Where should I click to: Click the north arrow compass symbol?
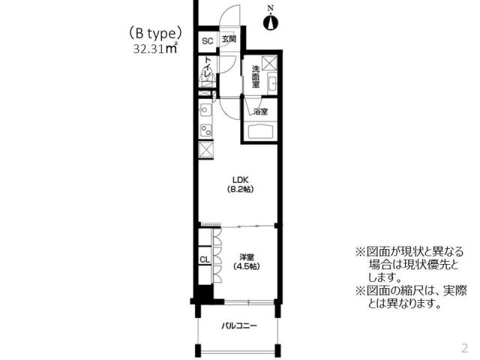[271, 19]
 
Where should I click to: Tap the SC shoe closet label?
[207, 40]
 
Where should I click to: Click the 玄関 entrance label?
[228, 40]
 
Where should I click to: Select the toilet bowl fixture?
[209, 73]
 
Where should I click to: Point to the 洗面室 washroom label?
[255, 76]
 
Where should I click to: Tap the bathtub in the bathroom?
[261, 132]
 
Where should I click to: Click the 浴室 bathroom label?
[260, 112]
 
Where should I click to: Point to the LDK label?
[239, 179]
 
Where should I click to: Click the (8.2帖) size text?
[239, 189]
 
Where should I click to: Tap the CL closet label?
[204, 259]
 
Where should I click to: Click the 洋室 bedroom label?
[245, 256]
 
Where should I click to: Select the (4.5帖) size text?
[245, 266]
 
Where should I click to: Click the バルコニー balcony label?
[239, 326]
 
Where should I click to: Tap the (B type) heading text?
[155, 34]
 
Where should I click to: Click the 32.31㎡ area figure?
[154, 49]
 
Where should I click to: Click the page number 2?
[464, 348]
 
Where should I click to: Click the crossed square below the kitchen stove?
[205, 148]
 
